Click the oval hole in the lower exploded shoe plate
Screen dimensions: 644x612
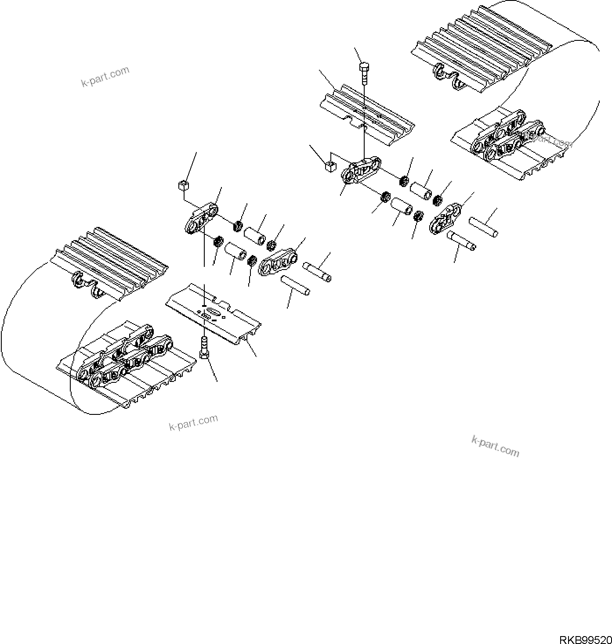[x=214, y=311]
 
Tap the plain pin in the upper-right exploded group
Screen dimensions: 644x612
[x=483, y=227]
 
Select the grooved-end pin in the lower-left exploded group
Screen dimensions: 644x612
[x=317, y=272]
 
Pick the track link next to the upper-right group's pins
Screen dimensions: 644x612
[x=446, y=218]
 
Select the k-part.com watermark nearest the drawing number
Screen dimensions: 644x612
[x=495, y=446]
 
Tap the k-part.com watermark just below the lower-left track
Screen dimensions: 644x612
[x=193, y=422]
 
